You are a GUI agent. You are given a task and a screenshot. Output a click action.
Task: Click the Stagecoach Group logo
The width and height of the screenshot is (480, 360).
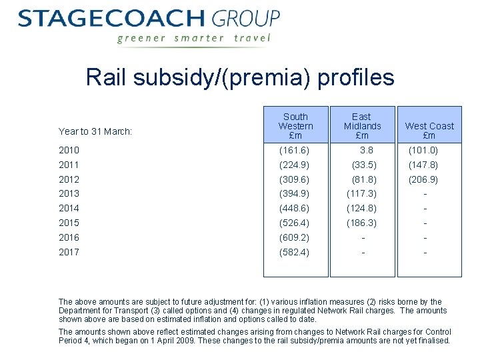149,19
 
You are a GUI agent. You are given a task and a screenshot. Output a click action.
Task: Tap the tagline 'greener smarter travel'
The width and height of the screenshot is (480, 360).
194,38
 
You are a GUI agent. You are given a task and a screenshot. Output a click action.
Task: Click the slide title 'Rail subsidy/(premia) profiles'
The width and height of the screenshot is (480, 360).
240,78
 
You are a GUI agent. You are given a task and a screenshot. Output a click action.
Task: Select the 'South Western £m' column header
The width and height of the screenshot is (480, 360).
295,126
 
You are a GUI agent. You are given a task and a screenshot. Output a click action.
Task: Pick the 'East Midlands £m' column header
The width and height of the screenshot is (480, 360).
362,126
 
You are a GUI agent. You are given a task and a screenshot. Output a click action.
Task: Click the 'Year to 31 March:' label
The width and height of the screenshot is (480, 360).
95,131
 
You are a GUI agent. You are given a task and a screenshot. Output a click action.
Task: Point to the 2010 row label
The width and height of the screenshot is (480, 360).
69,151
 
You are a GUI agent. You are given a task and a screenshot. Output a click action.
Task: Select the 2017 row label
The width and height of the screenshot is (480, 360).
69,252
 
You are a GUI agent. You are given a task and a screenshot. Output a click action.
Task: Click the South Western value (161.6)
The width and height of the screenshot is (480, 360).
294,151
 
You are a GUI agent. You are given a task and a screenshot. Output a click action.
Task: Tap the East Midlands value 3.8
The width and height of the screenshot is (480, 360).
366,151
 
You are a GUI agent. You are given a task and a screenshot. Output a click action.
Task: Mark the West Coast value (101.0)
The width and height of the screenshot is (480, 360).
423,151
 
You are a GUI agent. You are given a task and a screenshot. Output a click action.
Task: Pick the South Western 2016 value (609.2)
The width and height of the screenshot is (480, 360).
294,237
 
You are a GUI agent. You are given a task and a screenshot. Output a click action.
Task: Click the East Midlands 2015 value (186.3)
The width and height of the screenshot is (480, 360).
361,223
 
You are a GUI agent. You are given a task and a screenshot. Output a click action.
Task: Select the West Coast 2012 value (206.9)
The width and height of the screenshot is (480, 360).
423,179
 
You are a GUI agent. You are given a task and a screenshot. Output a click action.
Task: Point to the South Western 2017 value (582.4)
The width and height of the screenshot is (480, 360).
294,252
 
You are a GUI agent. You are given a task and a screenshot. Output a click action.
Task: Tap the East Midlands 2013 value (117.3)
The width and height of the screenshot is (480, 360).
361,193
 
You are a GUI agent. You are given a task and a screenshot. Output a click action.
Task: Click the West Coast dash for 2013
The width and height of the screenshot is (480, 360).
425,194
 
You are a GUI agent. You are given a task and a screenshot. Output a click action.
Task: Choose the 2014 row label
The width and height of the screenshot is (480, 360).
69,208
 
